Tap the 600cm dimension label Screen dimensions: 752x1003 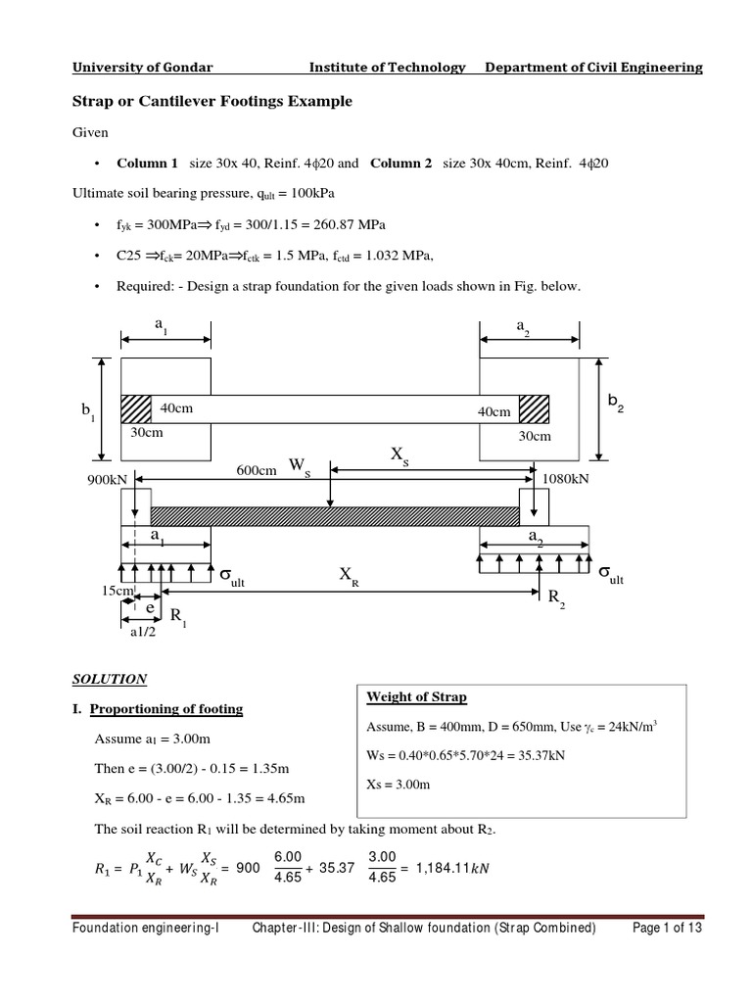[257, 470]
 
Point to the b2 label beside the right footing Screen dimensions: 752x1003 [615, 402]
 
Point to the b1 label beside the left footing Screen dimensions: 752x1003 [88, 414]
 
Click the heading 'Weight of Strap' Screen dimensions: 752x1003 [416, 697]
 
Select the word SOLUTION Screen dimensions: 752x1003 [110, 678]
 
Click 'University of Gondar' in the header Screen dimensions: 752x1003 [143, 68]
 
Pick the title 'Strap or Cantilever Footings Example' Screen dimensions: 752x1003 [212, 102]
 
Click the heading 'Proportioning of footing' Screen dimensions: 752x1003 [166, 708]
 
